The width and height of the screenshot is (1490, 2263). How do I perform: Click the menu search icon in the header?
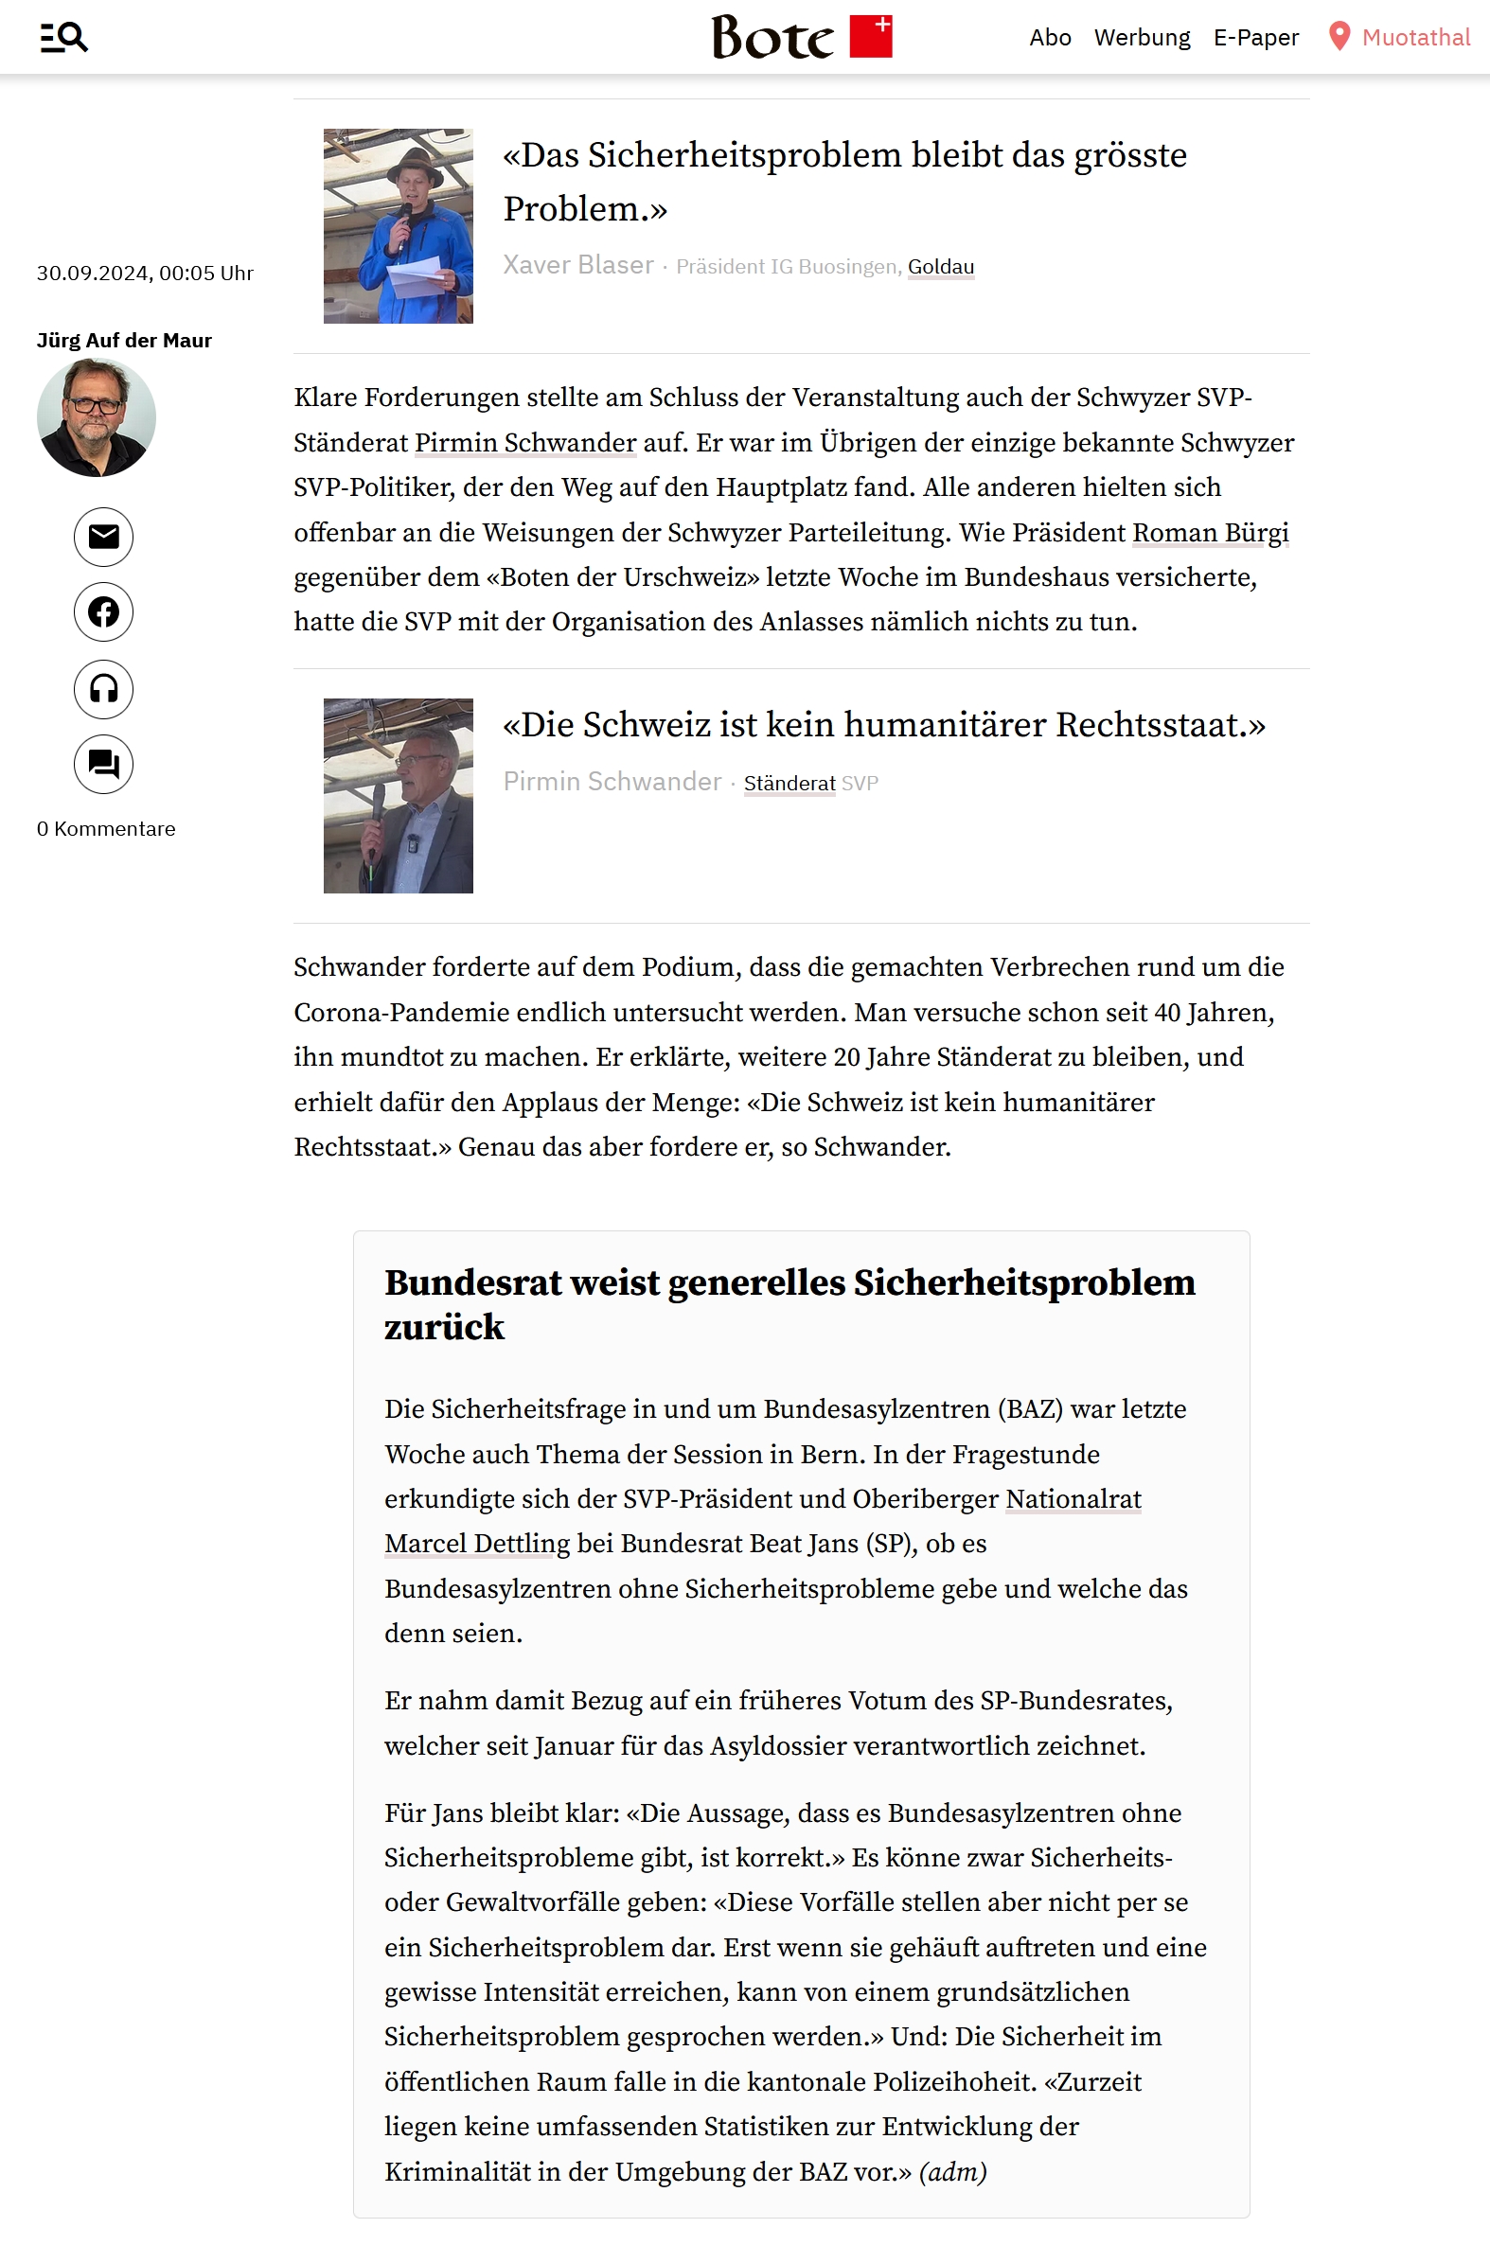tap(63, 37)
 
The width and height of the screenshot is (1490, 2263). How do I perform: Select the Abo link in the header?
tap(1050, 37)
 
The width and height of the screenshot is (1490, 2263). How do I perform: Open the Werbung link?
tap(1141, 37)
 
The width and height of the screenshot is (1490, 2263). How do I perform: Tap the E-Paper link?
tap(1255, 37)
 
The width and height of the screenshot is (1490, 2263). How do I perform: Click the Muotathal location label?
tap(1415, 37)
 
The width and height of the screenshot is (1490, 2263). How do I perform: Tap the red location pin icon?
tap(1339, 36)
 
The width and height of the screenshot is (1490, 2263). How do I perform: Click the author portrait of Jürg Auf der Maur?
tap(96, 417)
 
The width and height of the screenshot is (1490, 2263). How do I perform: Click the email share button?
tap(103, 538)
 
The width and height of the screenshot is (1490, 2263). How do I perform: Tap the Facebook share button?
tap(103, 611)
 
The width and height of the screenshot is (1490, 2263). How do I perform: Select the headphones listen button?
tap(103, 688)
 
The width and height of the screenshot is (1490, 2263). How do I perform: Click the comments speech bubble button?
tap(103, 764)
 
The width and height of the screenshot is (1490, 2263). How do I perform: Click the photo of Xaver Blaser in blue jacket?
tap(398, 226)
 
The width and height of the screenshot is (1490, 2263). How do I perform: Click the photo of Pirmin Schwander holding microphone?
tap(398, 796)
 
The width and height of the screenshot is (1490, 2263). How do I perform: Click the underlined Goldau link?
tap(940, 267)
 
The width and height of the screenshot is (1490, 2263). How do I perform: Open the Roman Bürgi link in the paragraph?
tap(1210, 533)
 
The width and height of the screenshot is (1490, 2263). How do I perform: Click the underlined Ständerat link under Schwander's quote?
tap(789, 784)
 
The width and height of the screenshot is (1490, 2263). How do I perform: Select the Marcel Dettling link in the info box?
tap(476, 1544)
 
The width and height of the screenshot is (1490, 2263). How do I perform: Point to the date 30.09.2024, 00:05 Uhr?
tap(145, 274)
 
